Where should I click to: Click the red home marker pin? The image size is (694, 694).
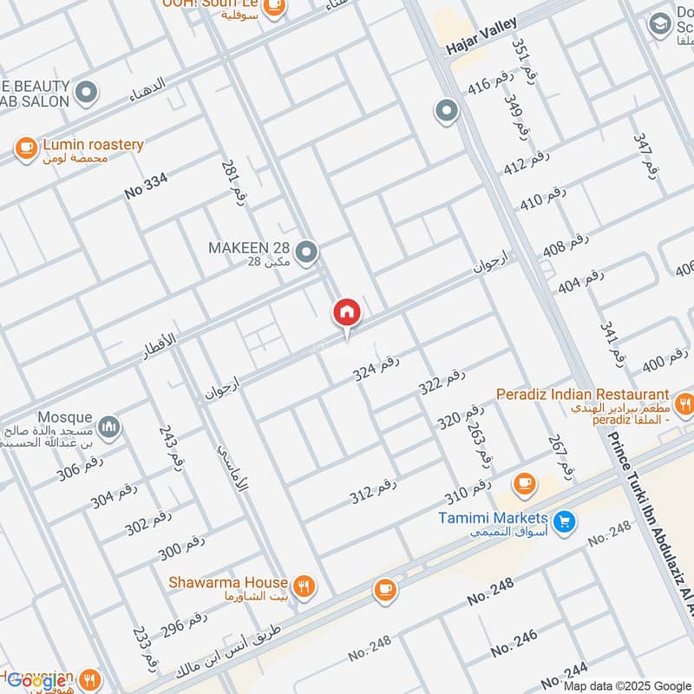[346, 313]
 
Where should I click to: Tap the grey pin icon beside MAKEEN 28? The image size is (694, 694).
[305, 253]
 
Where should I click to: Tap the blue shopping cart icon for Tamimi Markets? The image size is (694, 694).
[565, 521]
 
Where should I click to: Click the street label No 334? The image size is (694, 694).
[146, 187]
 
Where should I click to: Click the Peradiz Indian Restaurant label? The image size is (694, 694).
[582, 394]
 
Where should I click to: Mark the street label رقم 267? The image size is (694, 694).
[560, 454]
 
